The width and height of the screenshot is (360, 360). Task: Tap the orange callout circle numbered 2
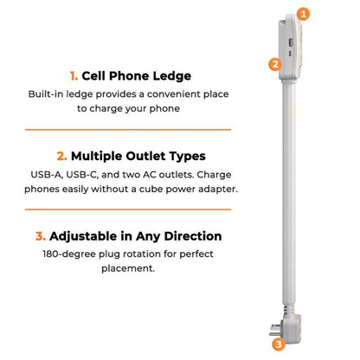point(274,63)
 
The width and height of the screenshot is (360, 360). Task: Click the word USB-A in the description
point(49,175)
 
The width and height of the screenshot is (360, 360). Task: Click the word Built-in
point(47,93)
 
